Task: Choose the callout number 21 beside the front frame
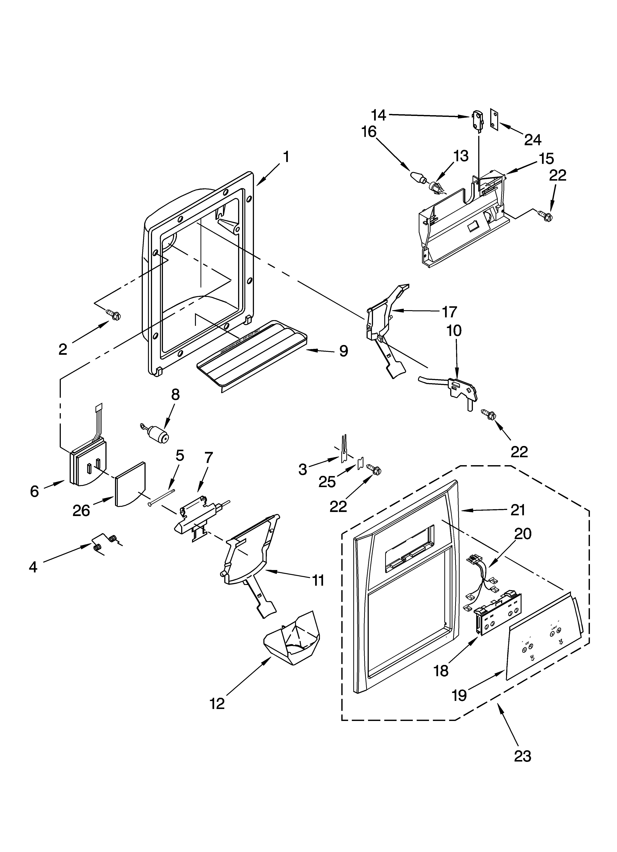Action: [x=517, y=510]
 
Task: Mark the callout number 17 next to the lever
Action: [x=449, y=311]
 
